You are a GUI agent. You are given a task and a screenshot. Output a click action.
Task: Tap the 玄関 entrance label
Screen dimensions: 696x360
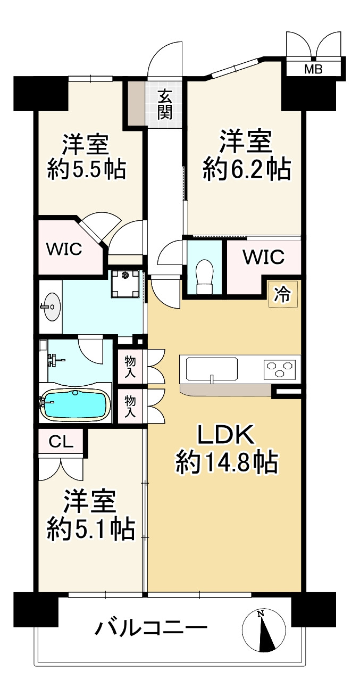tap(165, 105)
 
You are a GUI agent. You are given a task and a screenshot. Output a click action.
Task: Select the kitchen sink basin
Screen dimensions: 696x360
tap(211, 369)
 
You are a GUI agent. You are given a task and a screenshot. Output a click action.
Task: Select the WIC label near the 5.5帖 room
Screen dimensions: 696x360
tap(63, 249)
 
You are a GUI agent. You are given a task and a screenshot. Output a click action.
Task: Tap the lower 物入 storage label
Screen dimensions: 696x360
tap(130, 407)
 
